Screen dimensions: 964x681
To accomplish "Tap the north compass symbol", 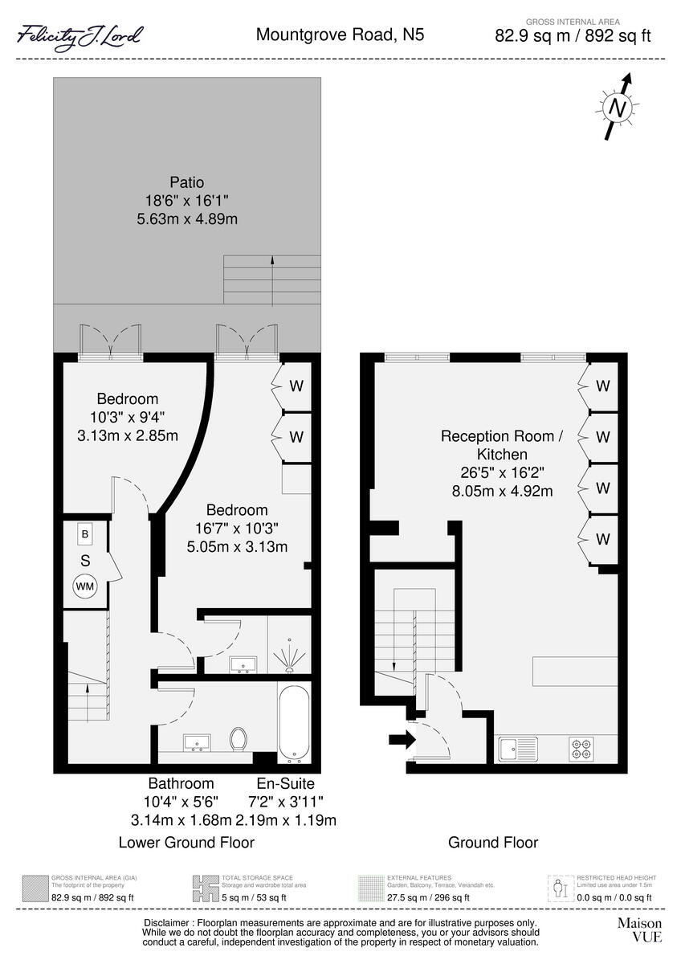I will click(617, 106).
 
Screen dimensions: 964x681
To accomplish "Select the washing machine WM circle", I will click(84, 586).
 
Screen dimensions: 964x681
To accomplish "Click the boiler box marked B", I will click(84, 533).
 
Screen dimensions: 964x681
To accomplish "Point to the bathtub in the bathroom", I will click(292, 723).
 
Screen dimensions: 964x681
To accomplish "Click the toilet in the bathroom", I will click(239, 738).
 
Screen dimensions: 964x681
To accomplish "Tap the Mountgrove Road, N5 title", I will click(340, 35).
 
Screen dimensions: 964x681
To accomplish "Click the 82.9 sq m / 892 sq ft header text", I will click(573, 36).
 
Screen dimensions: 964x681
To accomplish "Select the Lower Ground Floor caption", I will click(186, 843).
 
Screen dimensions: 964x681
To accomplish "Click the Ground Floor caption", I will click(493, 843).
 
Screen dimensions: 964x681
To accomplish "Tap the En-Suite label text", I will click(285, 783).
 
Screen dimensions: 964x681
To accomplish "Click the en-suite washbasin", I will click(243, 664).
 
